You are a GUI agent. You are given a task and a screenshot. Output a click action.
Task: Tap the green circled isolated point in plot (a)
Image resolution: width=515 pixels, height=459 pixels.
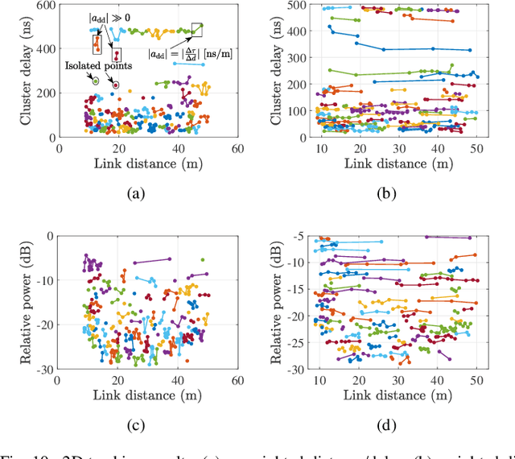[x=97, y=81]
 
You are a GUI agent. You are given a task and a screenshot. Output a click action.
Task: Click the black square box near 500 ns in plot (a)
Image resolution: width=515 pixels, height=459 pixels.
[x=197, y=30]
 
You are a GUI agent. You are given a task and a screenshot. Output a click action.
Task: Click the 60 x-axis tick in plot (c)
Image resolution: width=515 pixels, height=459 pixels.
[x=237, y=380]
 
